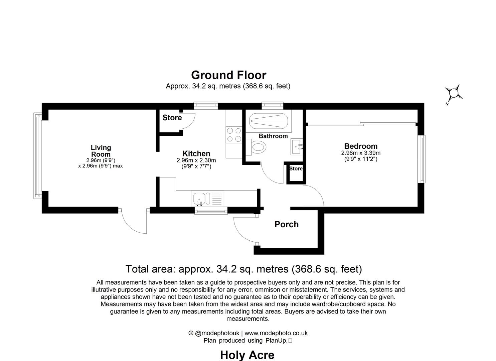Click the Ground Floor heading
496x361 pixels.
tap(228, 75)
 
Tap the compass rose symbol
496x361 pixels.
tap(454, 93)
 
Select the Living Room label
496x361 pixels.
tap(101, 151)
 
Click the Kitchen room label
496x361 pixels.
tap(196, 154)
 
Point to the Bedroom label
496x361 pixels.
tap(361, 146)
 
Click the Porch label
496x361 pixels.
tap(286, 224)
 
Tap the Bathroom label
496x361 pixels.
tap(273, 136)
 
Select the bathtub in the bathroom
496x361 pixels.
tap(268, 121)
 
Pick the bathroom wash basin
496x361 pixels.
tap(297, 146)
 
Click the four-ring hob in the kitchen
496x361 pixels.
tap(234, 135)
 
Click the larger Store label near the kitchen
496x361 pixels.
tap(172, 118)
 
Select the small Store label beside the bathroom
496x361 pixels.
tap(296, 169)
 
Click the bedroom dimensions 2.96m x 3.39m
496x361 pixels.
tap(361, 153)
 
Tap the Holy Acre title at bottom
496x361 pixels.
tap(247, 355)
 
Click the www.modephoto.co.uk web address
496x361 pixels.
tap(276, 333)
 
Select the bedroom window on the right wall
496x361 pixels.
tap(423, 159)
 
